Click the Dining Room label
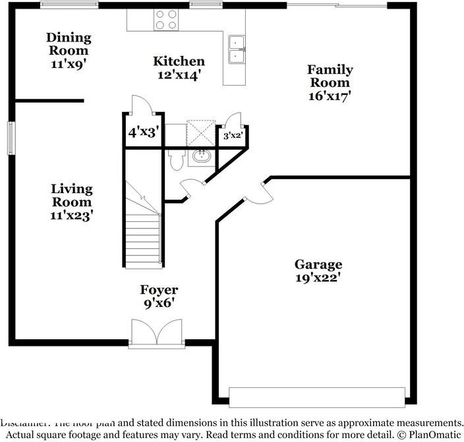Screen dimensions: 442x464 click(69, 43)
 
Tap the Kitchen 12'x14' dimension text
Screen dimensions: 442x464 click(179, 75)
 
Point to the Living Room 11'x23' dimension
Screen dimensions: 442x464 click(72, 215)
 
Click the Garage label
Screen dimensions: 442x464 click(318, 264)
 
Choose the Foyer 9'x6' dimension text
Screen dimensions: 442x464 click(159, 304)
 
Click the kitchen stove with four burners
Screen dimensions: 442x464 click(165, 19)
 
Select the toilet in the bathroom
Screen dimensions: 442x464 click(177, 160)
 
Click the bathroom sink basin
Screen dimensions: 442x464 click(200, 157)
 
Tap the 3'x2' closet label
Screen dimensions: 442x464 click(233, 136)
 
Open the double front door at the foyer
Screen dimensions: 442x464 click(156, 333)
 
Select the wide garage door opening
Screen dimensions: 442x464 click(316, 397)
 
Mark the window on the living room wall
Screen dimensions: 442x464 click(11, 138)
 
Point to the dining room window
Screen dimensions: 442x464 click(69, 5)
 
